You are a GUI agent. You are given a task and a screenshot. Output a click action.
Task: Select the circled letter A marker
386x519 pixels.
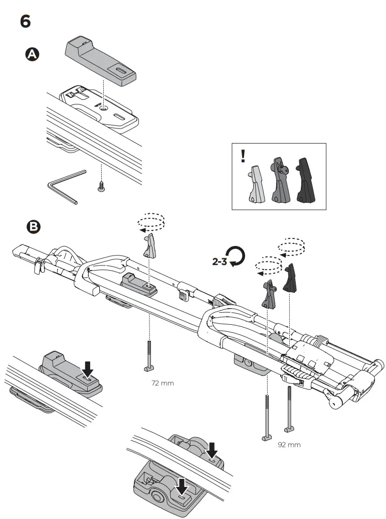[33, 55]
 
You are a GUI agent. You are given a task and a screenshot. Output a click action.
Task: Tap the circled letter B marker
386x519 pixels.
[33, 227]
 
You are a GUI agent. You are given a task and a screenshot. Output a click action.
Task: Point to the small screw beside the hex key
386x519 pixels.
[101, 186]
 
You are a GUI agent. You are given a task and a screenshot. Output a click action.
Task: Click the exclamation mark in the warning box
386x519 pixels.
[243, 156]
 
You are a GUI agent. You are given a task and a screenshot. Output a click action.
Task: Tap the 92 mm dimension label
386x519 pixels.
[289, 445]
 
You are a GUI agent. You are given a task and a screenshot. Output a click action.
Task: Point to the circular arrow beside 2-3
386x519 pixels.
[236, 257]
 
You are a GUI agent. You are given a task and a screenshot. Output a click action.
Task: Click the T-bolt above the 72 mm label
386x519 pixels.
[150, 356]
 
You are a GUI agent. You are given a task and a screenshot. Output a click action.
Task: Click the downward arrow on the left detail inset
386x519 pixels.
[88, 369]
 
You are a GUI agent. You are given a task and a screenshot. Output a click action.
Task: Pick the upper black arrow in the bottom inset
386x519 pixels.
[212, 449]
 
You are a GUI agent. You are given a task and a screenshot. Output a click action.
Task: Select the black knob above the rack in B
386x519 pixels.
[290, 279]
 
